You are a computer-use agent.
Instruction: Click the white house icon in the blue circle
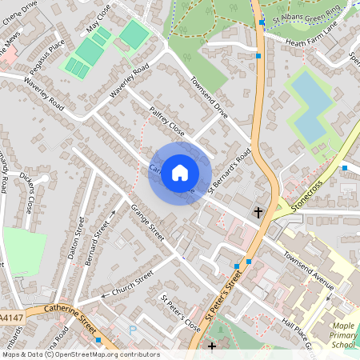tap(180, 172)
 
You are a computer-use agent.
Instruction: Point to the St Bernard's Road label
tap(230, 170)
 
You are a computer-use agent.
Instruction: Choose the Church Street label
tap(132, 285)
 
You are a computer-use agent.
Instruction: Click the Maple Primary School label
tap(344, 334)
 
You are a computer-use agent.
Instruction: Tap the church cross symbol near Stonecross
tap(258, 212)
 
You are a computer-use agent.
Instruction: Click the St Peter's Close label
tap(181, 314)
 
